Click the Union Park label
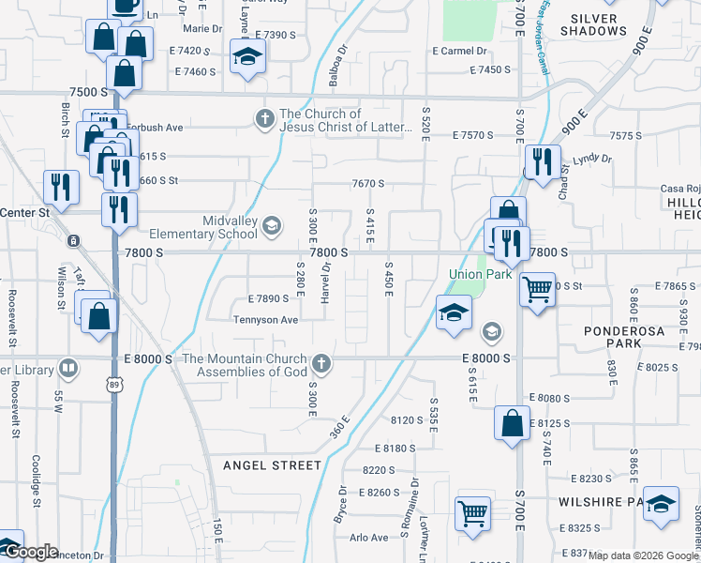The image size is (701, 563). [x=480, y=274]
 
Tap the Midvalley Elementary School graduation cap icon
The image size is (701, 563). [x=272, y=225]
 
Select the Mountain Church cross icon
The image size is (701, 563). [x=321, y=363]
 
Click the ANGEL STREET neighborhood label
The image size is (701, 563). [x=272, y=464]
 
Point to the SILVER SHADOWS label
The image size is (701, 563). [x=593, y=24]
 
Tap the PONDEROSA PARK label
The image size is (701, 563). [x=625, y=337]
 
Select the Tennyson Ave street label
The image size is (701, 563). [x=266, y=320]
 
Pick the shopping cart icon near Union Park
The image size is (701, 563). [x=538, y=289]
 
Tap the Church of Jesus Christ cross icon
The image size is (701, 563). [x=265, y=119]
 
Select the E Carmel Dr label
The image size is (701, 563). [x=459, y=51]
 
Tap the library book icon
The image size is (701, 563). [x=67, y=368]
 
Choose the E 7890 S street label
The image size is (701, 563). [x=270, y=298]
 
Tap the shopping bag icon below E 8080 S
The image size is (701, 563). [x=512, y=422]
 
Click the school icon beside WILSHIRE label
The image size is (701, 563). [x=661, y=504]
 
